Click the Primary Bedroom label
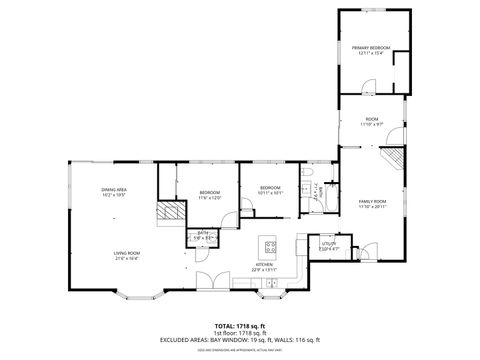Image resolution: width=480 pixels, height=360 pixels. (x=369, y=48)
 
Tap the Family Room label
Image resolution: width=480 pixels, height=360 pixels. (x=373, y=201)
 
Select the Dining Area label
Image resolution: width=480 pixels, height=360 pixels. (x=113, y=189)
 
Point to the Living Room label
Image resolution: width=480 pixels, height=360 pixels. (x=126, y=253)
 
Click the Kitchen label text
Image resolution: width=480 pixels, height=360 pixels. (x=265, y=265)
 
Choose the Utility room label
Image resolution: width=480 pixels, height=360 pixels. (x=329, y=243)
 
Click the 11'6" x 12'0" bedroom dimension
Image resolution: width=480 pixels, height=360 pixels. (x=209, y=197)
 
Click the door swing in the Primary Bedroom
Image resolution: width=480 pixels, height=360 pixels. (x=401, y=59)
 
